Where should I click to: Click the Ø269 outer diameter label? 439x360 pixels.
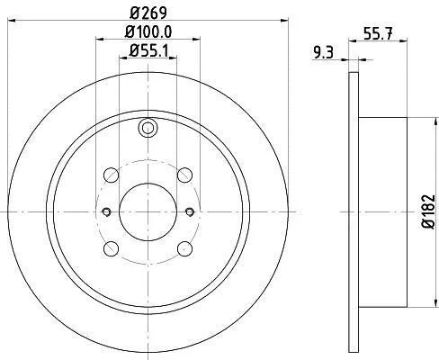pos(148,13)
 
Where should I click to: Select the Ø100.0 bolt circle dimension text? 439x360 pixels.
pos(148,31)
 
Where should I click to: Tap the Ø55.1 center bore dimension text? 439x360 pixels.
pos(148,51)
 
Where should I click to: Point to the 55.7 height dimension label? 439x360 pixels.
pos(378,33)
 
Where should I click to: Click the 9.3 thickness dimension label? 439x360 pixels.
pos(324,53)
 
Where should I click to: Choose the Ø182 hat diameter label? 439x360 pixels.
pos(428,211)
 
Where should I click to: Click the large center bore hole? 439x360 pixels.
pos(148,212)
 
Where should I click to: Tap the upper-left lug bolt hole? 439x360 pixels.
pos(111,175)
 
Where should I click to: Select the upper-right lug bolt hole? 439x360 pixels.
pos(184,175)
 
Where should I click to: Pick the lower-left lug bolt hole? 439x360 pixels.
pos(111,248)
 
